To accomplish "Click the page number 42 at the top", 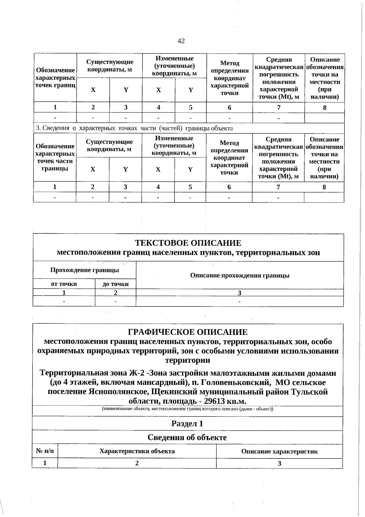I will point(181,41).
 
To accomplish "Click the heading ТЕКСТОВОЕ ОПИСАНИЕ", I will point(188,243).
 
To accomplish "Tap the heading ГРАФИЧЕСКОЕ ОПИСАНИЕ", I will point(188,332).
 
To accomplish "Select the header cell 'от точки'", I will point(64,284).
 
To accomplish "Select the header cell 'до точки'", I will point(115,284).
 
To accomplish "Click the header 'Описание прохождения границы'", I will point(240,275).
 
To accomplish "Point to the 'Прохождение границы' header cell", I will point(85,270).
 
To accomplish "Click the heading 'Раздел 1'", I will point(187,424).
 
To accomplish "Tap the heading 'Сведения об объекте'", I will point(187,438).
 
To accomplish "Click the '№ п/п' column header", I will point(45,451).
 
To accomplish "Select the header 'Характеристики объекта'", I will point(137,451).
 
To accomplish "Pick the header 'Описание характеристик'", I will point(279,451).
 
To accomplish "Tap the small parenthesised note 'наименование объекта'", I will point(187,409).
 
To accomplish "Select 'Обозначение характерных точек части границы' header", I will point(55,157).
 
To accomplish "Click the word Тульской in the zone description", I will point(309,392).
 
